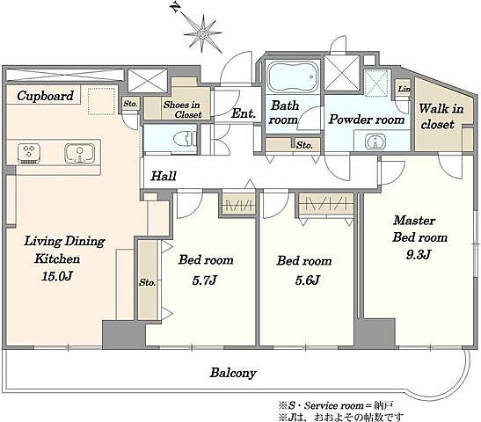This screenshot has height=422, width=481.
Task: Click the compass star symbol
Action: click(203, 33)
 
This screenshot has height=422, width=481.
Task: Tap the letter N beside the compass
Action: click(176, 7)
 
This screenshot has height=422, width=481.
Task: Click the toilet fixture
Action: click(185, 140)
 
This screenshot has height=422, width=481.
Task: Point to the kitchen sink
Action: click(79, 153)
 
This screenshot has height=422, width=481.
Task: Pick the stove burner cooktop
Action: click(29, 152)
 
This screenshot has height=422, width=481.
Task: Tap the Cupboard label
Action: click(46, 96)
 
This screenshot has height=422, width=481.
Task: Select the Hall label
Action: click(164, 176)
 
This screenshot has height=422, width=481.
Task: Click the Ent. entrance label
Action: click(244, 113)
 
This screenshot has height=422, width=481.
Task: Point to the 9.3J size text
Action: click(419, 254)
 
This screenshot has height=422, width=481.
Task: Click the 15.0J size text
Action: click(57, 276)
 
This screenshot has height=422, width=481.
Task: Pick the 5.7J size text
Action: click(205, 280)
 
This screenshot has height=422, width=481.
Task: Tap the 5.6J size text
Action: click(308, 280)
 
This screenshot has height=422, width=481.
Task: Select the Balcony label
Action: click(233, 373)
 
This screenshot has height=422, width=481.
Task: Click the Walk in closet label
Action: click(441, 117)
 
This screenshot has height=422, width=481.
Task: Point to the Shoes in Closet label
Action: click(182, 110)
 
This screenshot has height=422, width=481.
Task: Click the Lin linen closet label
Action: click(404, 89)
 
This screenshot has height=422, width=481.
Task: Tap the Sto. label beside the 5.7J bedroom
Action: click(147, 282)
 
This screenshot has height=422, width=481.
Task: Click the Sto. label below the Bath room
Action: click(304, 145)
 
